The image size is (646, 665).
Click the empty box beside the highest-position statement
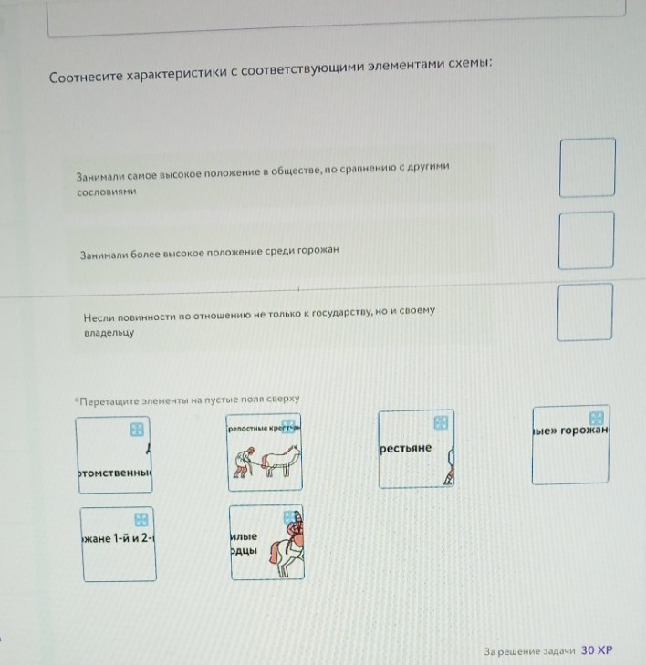click(587, 168)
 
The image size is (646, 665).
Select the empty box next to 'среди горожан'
click(586, 240)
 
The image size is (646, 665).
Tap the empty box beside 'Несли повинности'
click(585, 312)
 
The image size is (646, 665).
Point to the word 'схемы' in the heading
click(468, 64)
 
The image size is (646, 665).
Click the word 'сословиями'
click(106, 193)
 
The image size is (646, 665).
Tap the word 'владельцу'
click(109, 333)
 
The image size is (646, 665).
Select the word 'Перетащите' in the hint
click(109, 400)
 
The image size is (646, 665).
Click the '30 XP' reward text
click(597, 650)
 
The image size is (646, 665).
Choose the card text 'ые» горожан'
click(569, 430)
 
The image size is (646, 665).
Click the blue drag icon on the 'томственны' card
click(137, 428)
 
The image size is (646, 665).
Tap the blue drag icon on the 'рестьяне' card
click(441, 422)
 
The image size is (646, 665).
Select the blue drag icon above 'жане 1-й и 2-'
click(141, 518)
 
